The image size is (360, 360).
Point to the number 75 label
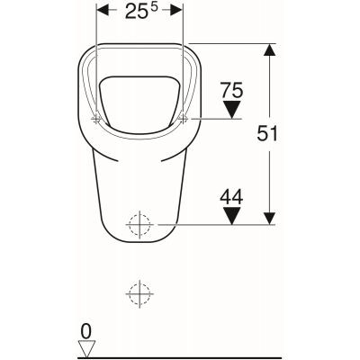point(232,90)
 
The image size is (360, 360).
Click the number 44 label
point(232,193)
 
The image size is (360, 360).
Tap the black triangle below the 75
point(232,111)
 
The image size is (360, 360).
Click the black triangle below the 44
point(232,216)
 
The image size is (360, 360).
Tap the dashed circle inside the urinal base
point(139,224)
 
